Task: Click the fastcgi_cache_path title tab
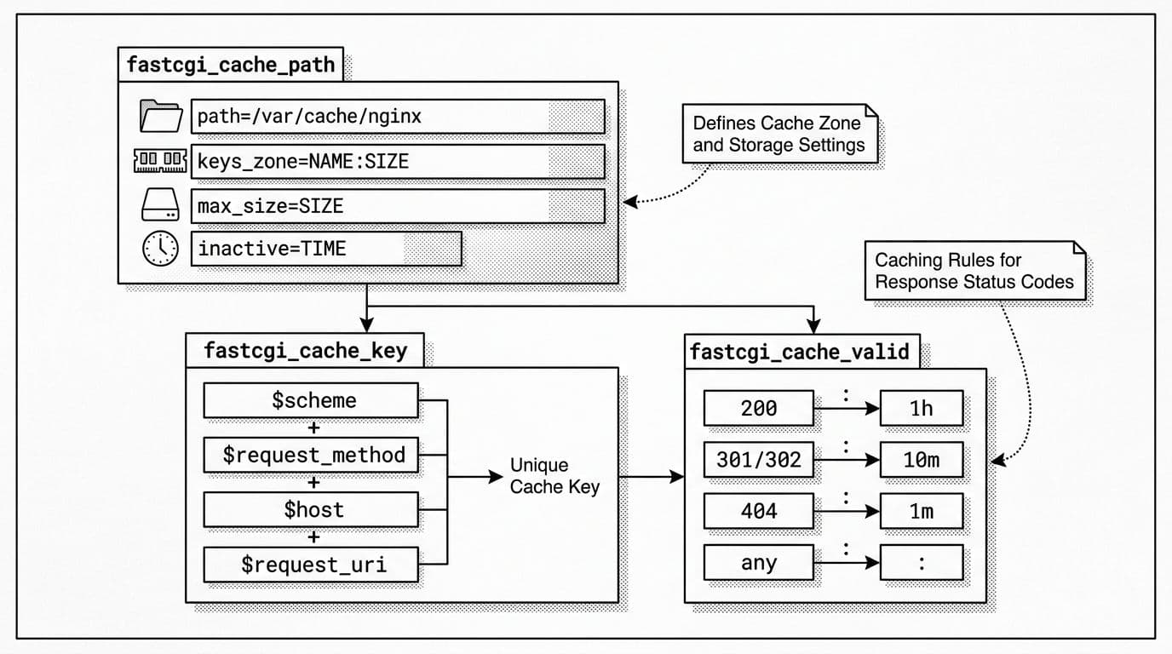[231, 65]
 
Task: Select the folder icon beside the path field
[161, 117]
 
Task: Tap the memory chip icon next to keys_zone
[160, 160]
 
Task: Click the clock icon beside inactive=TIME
[160, 249]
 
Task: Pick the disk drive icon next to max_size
[160, 205]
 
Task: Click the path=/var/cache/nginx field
[397, 117]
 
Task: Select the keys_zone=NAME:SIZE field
[397, 161]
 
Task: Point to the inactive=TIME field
[325, 249]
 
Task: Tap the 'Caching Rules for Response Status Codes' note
[974, 271]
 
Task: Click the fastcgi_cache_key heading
[305, 351]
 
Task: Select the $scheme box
[311, 400]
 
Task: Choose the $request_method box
[311, 455]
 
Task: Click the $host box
[311, 510]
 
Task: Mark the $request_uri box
[311, 565]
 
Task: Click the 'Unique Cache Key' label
[554, 476]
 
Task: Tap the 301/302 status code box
[758, 460]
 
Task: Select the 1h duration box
[921, 409]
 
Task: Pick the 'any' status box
[758, 563]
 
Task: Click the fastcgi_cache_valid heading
[801, 352]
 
